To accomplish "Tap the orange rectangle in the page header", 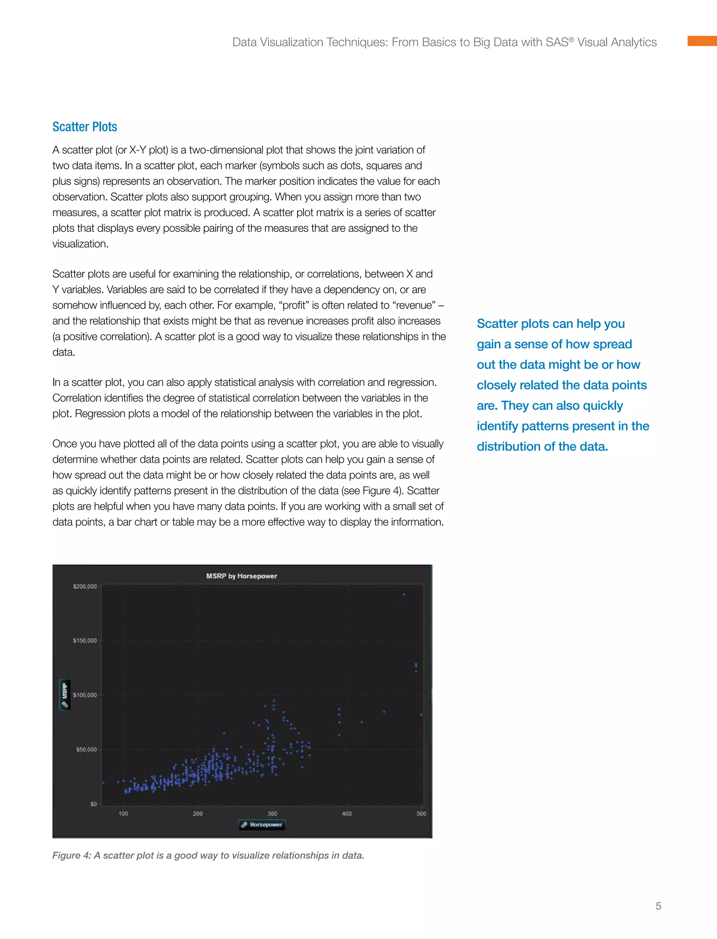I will [702, 41].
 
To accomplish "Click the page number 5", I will [658, 906].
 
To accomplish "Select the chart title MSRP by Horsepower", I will [242, 576].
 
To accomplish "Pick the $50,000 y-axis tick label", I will [86, 750].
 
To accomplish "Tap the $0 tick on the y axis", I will [93, 804].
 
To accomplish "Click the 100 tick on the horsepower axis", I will [123, 814].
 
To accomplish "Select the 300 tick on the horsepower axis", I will [272, 814].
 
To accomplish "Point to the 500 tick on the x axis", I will [421, 814].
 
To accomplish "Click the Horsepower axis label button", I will [262, 825].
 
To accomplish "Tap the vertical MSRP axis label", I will [65, 694].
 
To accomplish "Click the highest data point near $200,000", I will [404, 594].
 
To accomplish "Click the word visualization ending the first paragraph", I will [79, 244].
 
